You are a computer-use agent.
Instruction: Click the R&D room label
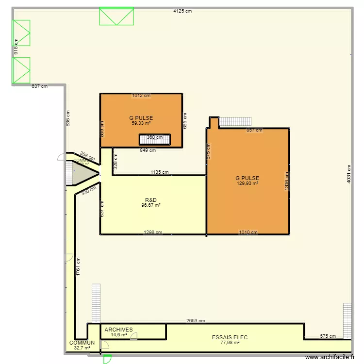tap(150, 200)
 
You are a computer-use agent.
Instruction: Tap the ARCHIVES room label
tap(118, 330)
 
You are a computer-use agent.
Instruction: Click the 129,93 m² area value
tap(247, 183)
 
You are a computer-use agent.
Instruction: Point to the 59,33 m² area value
tap(141, 123)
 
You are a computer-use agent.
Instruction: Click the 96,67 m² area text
tap(150, 205)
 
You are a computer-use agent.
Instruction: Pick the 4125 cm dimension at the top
tap(182, 11)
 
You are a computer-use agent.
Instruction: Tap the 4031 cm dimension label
tap(348, 173)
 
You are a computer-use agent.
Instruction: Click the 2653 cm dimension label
tap(196, 321)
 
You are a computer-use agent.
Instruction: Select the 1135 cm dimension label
tap(160, 172)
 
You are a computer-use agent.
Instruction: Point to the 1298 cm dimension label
tap(153, 232)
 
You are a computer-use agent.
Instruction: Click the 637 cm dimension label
tap(39, 86)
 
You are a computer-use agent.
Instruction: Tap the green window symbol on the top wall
tap(116, 16)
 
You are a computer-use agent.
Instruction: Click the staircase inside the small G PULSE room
tap(155, 139)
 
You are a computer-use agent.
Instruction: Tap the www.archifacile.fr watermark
tap(332, 357)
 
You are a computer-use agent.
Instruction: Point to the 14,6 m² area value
tap(118, 334)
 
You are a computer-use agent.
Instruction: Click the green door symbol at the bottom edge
tap(107, 359)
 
